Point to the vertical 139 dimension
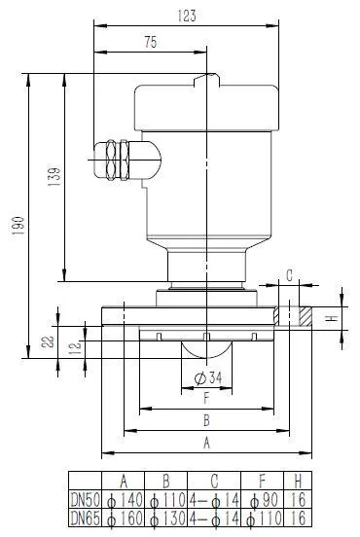tap(54, 177)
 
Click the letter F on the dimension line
tap(205, 398)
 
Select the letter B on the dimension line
tap(205, 420)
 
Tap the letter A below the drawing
tap(205, 443)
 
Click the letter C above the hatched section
tap(289, 273)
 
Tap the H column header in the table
tap(297, 481)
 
